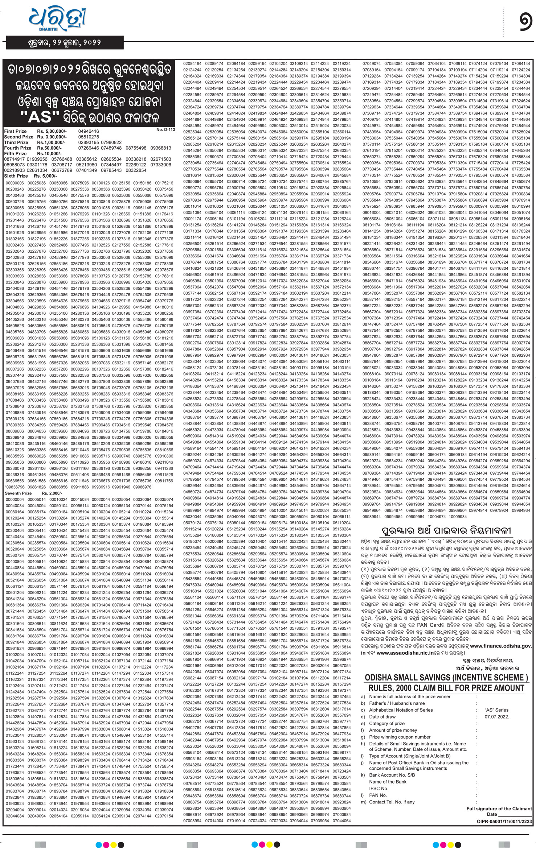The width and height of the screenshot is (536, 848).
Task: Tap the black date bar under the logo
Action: pyautogui.click(x=65, y=43)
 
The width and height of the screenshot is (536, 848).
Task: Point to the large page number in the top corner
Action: pyautogui.click(x=525, y=22)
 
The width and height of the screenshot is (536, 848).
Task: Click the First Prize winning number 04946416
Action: pyautogui.click(x=89, y=131)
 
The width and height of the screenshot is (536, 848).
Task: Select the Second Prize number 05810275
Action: pyautogui.click(x=89, y=137)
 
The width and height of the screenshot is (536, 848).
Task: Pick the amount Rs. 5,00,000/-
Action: pyautogui.click(x=52, y=131)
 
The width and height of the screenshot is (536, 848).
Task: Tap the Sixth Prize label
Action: pyautogui.click(x=16, y=176)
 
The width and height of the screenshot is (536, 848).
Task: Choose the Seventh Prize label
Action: pyautogui.click(x=18, y=493)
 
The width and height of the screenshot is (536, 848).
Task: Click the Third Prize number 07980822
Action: pyautogui.click(x=112, y=142)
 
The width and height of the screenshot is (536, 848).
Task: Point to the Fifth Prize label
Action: pyautogui.click(x=15, y=153)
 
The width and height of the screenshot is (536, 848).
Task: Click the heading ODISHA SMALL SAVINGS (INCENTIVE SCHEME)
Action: pyautogui.click(x=446, y=678)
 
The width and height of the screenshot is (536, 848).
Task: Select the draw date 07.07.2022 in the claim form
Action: pyautogui.click(x=496, y=717)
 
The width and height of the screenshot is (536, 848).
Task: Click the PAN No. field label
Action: pyautogui.click(x=377, y=795)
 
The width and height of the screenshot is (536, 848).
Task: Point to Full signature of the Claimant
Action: pyautogui.click(x=499, y=809)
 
